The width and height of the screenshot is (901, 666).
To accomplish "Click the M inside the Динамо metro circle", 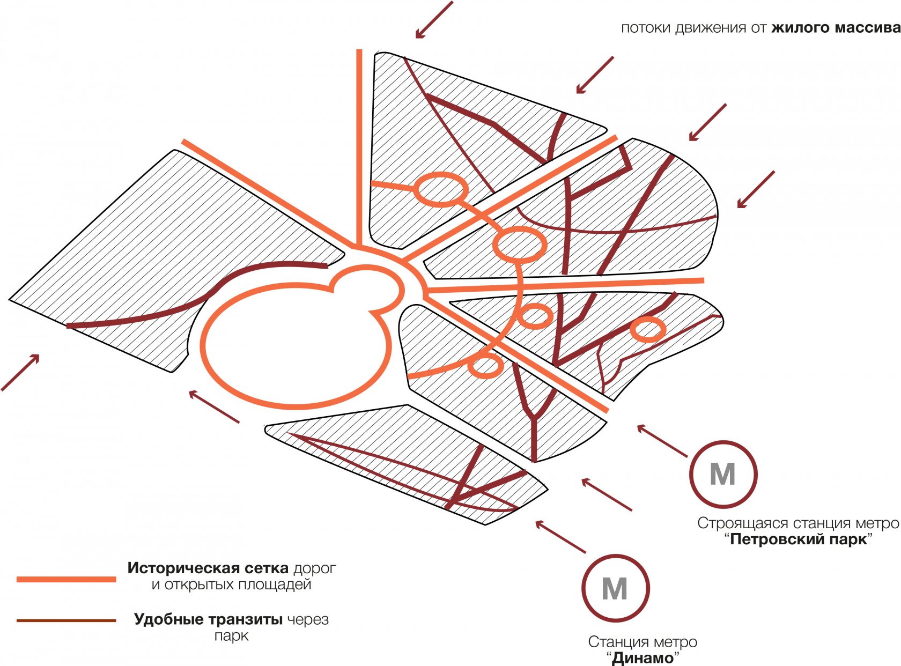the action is click(x=615, y=589).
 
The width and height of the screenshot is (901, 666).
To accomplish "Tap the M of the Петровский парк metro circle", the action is click(x=722, y=475).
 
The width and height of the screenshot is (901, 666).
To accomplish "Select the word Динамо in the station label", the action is click(x=642, y=658).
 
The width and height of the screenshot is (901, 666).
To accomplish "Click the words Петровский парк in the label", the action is click(x=799, y=539).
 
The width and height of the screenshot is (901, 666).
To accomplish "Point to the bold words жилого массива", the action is click(x=836, y=28).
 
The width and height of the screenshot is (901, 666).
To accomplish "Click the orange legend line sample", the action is click(x=67, y=579).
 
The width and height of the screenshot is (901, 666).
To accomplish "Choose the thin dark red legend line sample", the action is click(x=67, y=621).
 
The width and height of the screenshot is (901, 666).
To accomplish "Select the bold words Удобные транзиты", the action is click(x=208, y=619).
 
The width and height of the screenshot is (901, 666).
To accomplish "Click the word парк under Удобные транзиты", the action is click(x=231, y=636).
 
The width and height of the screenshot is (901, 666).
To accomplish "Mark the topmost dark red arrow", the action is click(x=434, y=20).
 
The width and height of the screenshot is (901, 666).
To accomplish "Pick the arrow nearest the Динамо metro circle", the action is click(x=560, y=536).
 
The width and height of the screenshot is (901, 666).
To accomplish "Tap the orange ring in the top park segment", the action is click(x=440, y=189).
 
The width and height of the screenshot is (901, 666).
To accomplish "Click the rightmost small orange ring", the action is click(x=647, y=329).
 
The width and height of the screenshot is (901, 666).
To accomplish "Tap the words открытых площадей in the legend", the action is click(x=231, y=584).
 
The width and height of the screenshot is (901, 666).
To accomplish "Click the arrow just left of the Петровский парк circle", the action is click(x=662, y=441).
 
